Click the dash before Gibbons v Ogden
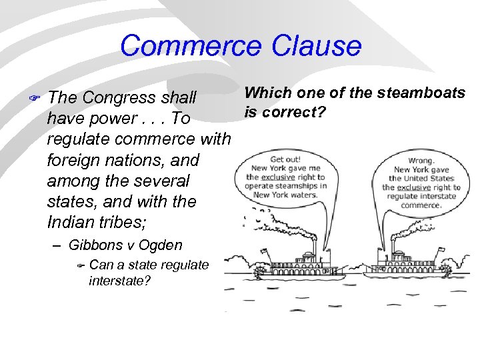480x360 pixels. (x=58, y=245)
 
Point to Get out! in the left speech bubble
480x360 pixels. (x=285, y=160)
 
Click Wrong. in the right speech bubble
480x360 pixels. (x=420, y=161)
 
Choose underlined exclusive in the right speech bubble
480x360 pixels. (x=414, y=187)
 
